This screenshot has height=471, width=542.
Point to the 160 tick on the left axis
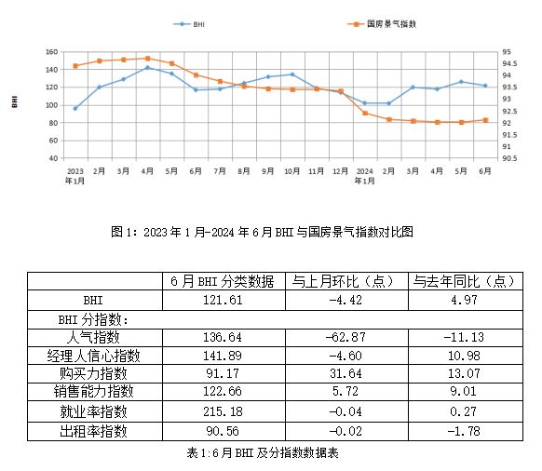point(52,52)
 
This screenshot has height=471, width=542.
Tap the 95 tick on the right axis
point(503,52)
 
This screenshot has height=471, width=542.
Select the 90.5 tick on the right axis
point(506,158)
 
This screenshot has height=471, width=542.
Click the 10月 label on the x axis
point(291,171)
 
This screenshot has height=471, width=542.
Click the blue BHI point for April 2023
point(147,68)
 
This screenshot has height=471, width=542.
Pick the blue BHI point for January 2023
point(75,108)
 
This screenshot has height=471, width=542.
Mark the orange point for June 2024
point(485,120)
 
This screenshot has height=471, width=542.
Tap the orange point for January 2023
point(75,65)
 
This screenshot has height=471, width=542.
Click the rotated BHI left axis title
point(15,101)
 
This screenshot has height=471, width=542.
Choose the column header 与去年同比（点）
point(462,281)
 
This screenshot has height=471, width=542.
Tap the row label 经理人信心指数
point(94,357)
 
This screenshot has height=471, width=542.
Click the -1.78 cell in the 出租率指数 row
point(462,431)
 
